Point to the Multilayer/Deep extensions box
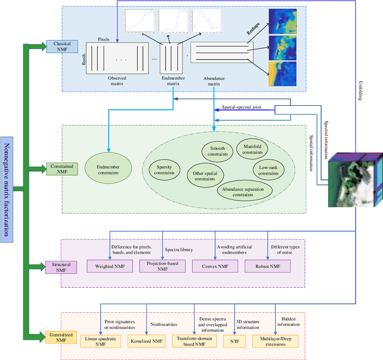coord(279,341)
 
